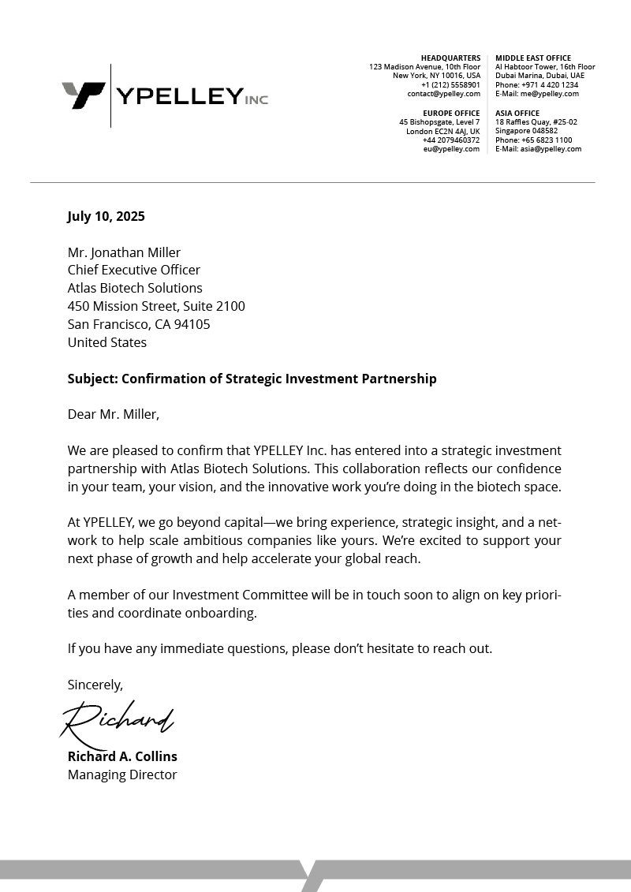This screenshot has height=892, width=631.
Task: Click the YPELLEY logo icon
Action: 83,95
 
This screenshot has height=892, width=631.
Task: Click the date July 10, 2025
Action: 106,216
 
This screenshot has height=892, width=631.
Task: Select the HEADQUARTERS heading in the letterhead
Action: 450,58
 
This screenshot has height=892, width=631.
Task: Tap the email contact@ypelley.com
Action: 443,94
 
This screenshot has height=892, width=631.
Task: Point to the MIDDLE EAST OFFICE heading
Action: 533,58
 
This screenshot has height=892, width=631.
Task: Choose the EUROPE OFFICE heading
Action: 451,114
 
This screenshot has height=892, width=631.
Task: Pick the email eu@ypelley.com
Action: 451,149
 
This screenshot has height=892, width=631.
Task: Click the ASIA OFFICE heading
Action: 517,114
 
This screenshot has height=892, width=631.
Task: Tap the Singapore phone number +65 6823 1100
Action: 547,140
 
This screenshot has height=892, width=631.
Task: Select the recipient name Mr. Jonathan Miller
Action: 124,252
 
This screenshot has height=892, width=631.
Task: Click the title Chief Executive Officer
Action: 134,271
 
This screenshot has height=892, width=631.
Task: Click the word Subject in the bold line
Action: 91,379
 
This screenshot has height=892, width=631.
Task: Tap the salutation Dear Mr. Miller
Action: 113,414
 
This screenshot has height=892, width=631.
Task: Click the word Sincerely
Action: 95,685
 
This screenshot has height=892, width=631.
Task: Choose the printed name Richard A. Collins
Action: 122,756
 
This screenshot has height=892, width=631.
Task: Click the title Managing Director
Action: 122,774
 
